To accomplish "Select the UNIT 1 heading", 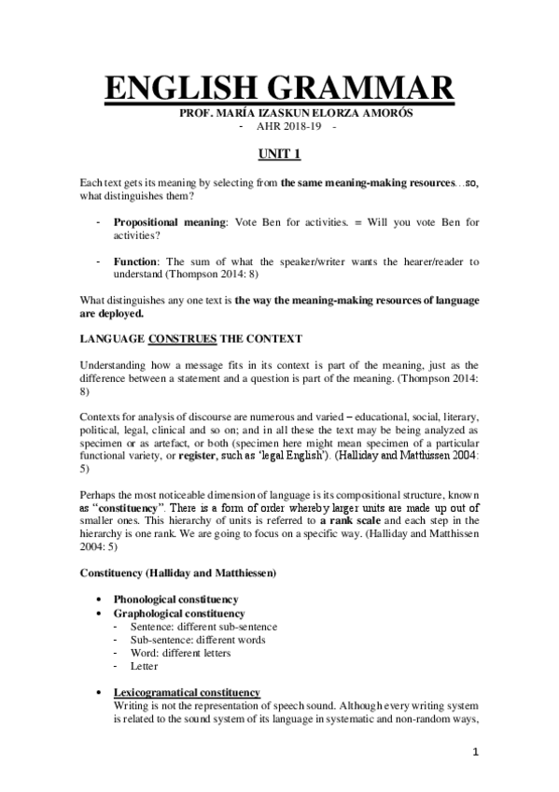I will point(279,150).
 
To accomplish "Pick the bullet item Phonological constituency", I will point(175,599).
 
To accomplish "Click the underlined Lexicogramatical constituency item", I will point(187,692).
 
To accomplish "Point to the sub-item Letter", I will point(145,666).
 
